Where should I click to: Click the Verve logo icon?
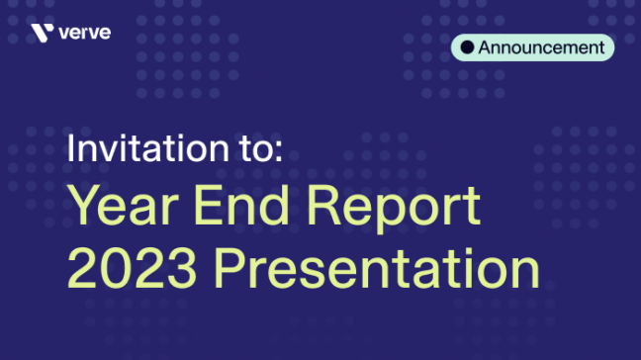click(42, 34)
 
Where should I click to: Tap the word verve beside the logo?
click(84, 34)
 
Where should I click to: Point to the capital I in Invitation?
click(71, 150)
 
